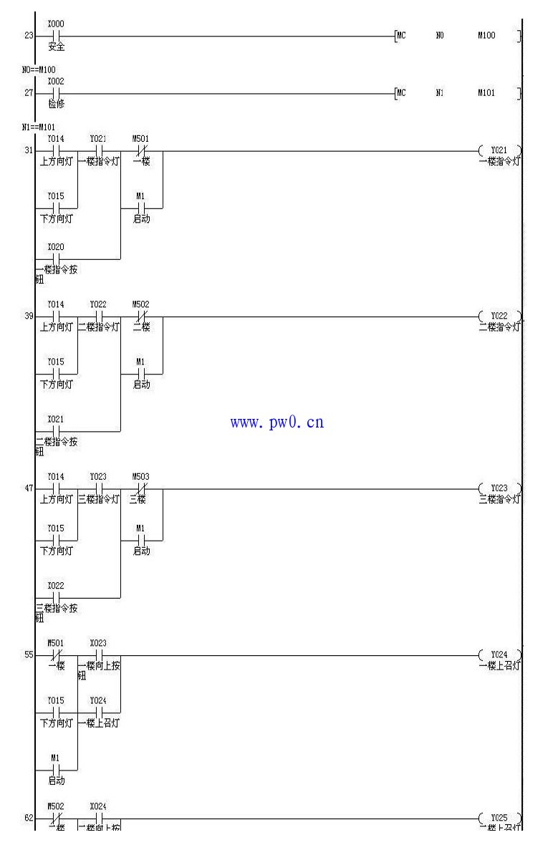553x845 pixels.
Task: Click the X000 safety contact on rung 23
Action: pos(56,36)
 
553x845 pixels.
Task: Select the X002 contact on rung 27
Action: pos(56,93)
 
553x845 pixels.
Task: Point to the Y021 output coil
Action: pos(499,150)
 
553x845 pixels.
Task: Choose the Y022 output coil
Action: pos(499,316)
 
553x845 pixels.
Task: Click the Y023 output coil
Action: pos(499,488)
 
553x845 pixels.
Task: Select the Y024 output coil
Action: pos(499,655)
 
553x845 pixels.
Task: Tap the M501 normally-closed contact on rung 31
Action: pos(141,150)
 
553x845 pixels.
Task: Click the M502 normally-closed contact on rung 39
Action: pos(141,316)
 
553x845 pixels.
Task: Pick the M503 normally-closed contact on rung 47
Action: pos(141,488)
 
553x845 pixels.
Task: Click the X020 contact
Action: pos(56,259)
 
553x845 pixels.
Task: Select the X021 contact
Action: pos(56,431)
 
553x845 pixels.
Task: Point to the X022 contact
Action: pos(56,597)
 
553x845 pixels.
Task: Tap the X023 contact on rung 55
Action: pos(99,655)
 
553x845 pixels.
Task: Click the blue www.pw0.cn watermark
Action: pos(276,422)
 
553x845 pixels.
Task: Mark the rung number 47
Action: pos(29,488)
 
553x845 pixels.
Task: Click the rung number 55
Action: pos(29,655)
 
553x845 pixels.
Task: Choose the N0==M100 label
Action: pos(39,69)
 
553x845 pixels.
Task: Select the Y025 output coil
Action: pos(499,819)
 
